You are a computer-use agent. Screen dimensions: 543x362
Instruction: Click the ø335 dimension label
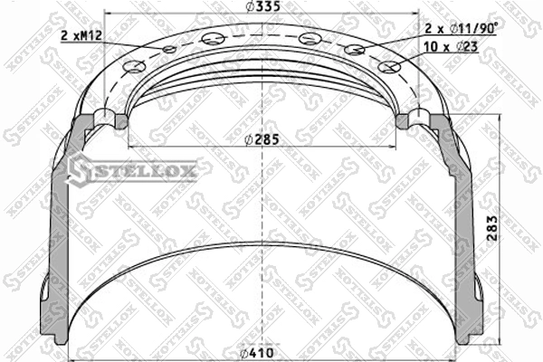tap(262, 6)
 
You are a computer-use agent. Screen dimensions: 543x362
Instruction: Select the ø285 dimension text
tap(262, 139)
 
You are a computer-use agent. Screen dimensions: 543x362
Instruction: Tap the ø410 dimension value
tap(258, 353)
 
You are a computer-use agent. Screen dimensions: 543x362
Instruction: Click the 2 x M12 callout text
tap(81, 35)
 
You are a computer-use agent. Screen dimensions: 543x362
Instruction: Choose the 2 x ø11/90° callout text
tap(461, 28)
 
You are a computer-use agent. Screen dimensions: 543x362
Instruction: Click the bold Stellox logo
tap(132, 170)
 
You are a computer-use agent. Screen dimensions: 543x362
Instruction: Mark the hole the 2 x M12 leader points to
tap(170, 50)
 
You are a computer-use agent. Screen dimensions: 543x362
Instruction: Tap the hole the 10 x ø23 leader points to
tap(390, 67)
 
